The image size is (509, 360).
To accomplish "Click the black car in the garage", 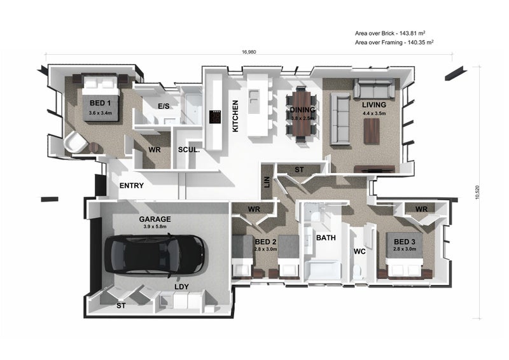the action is click(x=155, y=255).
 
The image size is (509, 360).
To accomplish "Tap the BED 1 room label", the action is click(x=100, y=103).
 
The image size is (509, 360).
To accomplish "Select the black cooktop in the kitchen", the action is click(x=215, y=117).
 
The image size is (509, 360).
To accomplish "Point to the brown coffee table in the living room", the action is click(x=372, y=131).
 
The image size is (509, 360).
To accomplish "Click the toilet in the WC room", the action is click(x=358, y=272).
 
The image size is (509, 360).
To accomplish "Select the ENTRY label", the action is click(x=132, y=186).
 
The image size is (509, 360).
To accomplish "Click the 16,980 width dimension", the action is click(x=249, y=52).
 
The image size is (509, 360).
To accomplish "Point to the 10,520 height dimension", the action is click(x=477, y=192).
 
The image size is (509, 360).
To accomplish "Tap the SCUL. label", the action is click(x=188, y=150).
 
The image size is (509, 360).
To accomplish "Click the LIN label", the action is click(x=267, y=182).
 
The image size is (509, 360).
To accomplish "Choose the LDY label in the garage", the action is click(x=181, y=287).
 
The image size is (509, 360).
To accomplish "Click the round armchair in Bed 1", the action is click(x=76, y=142).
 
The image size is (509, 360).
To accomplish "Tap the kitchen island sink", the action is click(x=253, y=97).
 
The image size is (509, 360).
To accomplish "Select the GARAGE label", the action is click(x=155, y=219).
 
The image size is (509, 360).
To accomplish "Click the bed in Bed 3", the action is click(x=405, y=255).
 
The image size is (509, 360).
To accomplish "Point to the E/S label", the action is click(x=164, y=106).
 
